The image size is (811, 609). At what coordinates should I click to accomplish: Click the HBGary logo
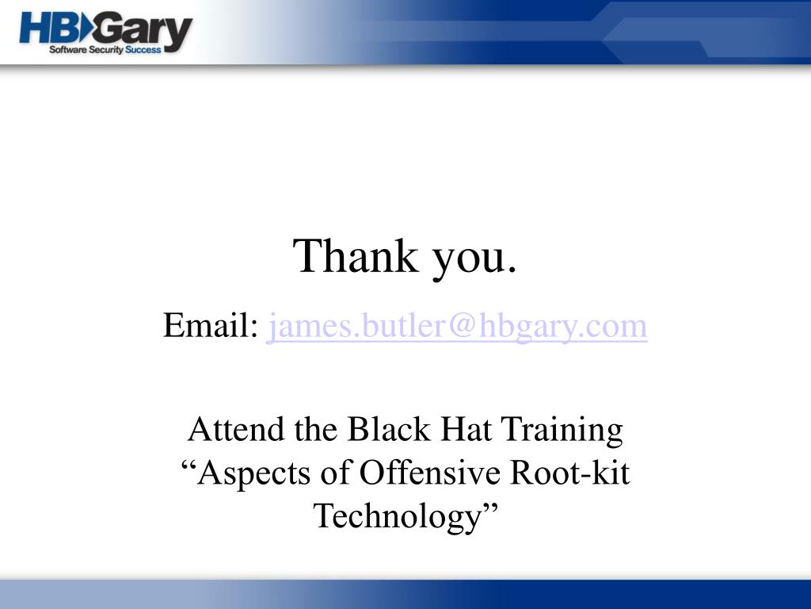click(106, 33)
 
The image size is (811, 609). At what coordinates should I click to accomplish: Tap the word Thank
click(356, 255)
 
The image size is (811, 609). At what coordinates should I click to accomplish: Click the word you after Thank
click(467, 260)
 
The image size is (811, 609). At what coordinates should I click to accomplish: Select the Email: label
click(211, 325)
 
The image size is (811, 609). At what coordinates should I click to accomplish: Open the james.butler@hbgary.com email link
click(457, 326)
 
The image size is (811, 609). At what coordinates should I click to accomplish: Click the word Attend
click(237, 429)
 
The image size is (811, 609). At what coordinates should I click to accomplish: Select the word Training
click(562, 431)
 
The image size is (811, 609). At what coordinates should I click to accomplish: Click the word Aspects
click(253, 474)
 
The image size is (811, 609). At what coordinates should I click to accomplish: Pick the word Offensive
click(430, 473)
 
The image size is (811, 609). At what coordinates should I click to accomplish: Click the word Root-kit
click(570, 473)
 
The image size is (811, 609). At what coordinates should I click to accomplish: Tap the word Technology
click(398, 517)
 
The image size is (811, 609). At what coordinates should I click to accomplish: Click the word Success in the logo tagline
click(143, 50)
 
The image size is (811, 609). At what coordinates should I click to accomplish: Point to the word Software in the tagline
click(68, 50)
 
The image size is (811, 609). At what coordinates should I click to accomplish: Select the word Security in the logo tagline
click(106, 50)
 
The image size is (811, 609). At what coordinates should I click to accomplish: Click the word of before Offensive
click(334, 473)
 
